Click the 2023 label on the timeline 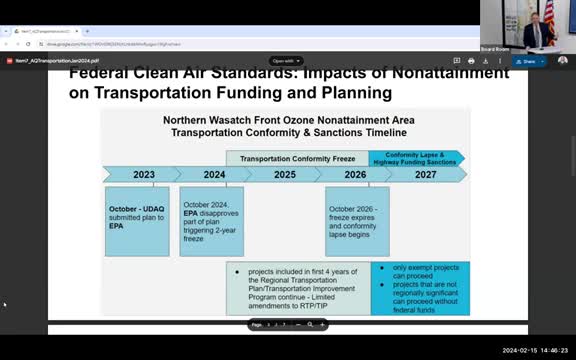tap(144, 174)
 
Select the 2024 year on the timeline tap(214, 174)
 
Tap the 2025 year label tap(285, 174)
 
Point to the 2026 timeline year tap(355, 174)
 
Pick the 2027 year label tap(426, 174)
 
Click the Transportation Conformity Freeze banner tap(297, 158)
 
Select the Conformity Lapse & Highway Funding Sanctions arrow tap(414, 158)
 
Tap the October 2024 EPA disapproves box tap(211, 220)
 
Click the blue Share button tap(526, 61)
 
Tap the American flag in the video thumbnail tap(549, 14)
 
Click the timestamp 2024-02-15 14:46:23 tap(535, 351)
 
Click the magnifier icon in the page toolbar tap(309, 324)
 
